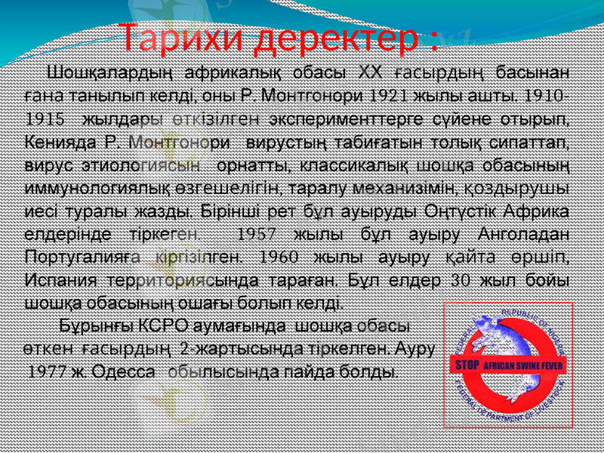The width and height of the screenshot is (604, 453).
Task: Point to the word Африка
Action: click(537, 211)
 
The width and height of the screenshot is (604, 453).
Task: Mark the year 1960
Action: click(276, 256)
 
